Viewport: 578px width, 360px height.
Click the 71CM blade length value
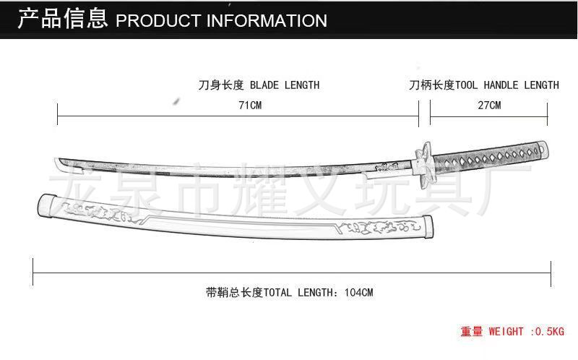[x=250, y=106]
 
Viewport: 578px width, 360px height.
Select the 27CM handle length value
[x=489, y=106]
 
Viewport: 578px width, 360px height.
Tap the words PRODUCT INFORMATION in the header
[x=222, y=20]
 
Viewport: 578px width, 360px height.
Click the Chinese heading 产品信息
[x=62, y=19]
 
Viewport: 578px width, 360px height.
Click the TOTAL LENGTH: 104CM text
[x=289, y=293]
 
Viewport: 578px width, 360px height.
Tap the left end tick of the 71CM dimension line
[x=58, y=114]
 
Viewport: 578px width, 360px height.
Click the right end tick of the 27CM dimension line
[x=547, y=114]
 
